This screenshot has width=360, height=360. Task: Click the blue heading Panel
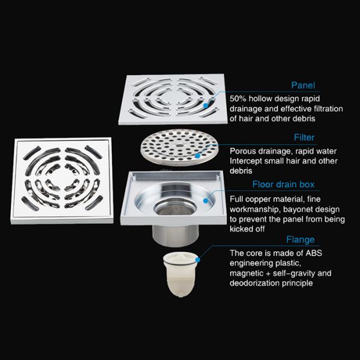pos(303,85)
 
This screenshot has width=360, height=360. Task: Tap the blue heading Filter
pos(304,137)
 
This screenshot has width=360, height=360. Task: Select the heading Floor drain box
pos(283,184)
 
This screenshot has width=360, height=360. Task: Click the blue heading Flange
pos(301,239)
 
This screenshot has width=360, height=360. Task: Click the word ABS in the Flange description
pos(314,253)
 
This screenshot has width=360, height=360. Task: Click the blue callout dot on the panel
pos(205,106)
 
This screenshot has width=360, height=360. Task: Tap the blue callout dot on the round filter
pos(197,156)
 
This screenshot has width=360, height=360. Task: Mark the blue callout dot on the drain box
pos(205,200)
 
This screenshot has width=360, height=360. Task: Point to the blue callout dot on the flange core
pos(197,260)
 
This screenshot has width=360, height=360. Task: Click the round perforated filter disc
pos(179,147)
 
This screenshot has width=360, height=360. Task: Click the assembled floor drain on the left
pos(62,181)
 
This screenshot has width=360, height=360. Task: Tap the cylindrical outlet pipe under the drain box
pos(175,235)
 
